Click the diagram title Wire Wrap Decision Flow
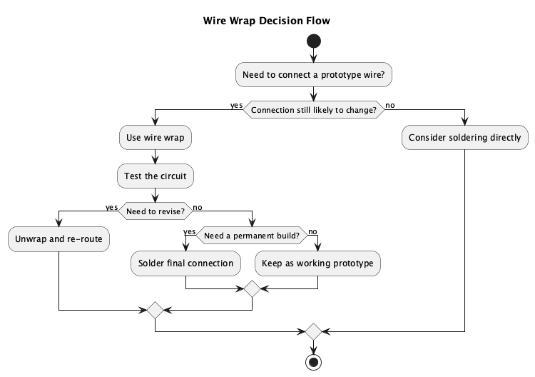[267, 21]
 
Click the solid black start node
[313, 41]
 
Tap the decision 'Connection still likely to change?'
[313, 110]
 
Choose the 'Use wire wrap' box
[155, 138]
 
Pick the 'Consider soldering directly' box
[464, 138]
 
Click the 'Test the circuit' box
[155, 175]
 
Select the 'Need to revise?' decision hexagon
[155, 210]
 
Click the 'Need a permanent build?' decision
[252, 234]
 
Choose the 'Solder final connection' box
[186, 263]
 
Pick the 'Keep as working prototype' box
[317, 263]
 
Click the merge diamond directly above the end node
[313, 331]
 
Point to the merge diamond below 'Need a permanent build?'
[252, 289]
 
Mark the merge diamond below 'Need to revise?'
[155, 310]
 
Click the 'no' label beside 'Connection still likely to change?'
[389, 106]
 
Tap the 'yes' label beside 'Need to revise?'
[111, 206]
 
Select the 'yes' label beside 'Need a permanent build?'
[190, 231]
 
